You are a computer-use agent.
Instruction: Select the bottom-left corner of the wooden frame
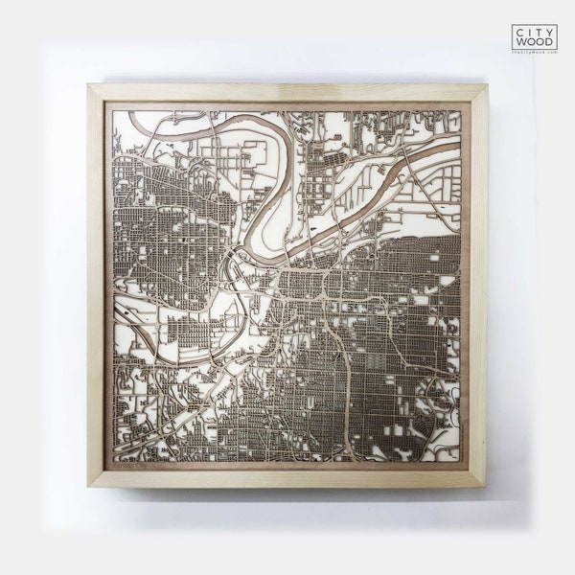tap(89, 485)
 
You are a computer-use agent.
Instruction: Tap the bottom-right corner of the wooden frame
tap(486, 485)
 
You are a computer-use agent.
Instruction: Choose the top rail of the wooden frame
tap(287, 93)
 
